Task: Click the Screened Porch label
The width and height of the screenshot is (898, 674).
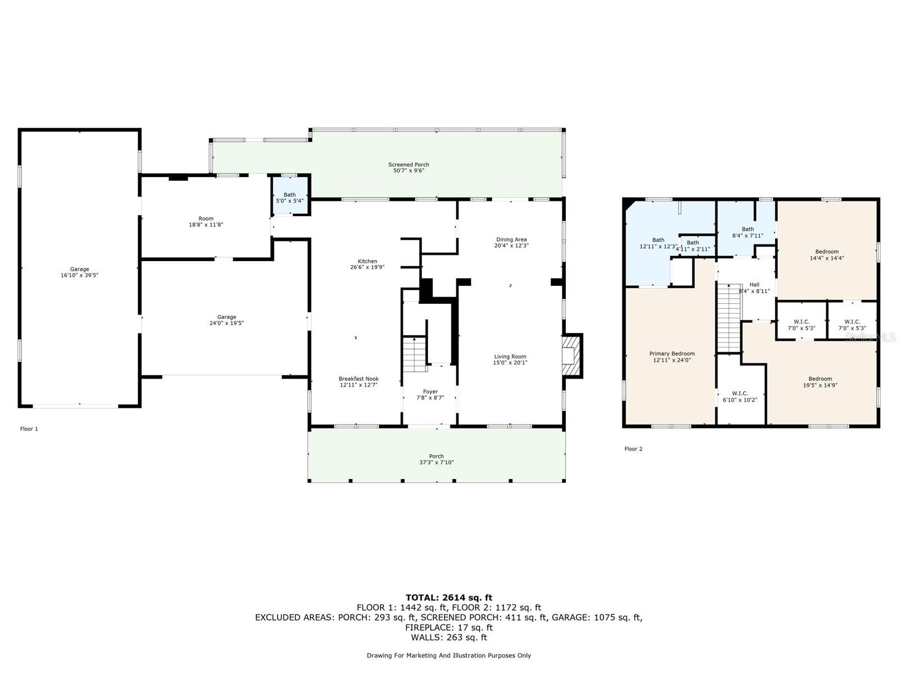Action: point(409,167)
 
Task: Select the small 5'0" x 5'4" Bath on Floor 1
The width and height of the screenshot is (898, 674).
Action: point(290,197)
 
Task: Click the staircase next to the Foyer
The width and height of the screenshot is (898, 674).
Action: point(415,354)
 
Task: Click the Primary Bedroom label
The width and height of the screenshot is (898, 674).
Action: point(672,357)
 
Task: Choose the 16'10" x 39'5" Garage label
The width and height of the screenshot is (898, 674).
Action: point(80,272)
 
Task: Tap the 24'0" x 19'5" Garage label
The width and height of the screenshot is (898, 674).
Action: point(227,320)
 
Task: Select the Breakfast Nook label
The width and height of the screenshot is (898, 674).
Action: point(359,382)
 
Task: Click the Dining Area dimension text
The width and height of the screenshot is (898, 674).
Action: point(511,246)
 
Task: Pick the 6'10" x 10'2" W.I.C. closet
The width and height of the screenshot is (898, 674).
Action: point(740,397)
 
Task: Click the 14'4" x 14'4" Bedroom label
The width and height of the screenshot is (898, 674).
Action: point(827,255)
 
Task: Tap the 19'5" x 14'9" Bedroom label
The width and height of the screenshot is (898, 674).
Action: point(820,382)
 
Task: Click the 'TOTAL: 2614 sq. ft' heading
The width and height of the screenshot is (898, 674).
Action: point(449,598)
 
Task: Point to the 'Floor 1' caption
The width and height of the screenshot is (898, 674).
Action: point(29,429)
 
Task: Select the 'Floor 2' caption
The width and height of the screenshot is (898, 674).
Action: point(633,449)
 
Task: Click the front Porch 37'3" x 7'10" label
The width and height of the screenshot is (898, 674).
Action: point(436,459)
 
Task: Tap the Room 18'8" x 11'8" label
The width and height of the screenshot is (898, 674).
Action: point(206,222)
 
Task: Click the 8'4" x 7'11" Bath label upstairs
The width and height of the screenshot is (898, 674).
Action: point(748,233)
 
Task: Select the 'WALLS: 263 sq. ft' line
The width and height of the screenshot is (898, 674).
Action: point(449,637)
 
